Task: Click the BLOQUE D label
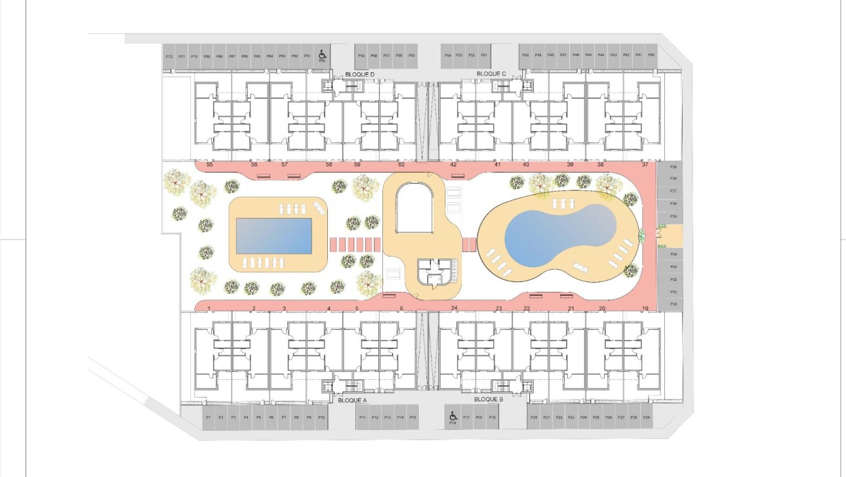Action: pyautogui.click(x=359, y=75)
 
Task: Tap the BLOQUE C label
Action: pyautogui.click(x=491, y=74)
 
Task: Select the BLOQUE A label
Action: pyautogui.click(x=352, y=400)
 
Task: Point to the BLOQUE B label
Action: pyautogui.click(x=488, y=399)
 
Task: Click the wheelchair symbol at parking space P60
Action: pyautogui.click(x=322, y=55)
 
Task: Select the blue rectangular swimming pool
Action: pyautogui.click(x=273, y=236)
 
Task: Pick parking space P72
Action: pyautogui.click(x=169, y=56)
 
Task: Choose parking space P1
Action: pyautogui.click(x=208, y=417)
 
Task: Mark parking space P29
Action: pyautogui.click(x=646, y=417)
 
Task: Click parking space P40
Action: pyautogui.click(x=651, y=55)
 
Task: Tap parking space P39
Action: pyautogui.click(x=673, y=167)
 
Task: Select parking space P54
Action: pyautogui.click(x=448, y=55)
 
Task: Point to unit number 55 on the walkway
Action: pyautogui.click(x=210, y=165)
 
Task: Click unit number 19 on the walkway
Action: pyautogui.click(x=645, y=308)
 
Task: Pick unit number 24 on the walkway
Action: pyautogui.click(x=454, y=308)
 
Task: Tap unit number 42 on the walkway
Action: pyautogui.click(x=454, y=165)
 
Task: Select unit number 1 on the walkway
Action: pyautogui.click(x=209, y=308)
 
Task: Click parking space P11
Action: pyautogui.click(x=362, y=417)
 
